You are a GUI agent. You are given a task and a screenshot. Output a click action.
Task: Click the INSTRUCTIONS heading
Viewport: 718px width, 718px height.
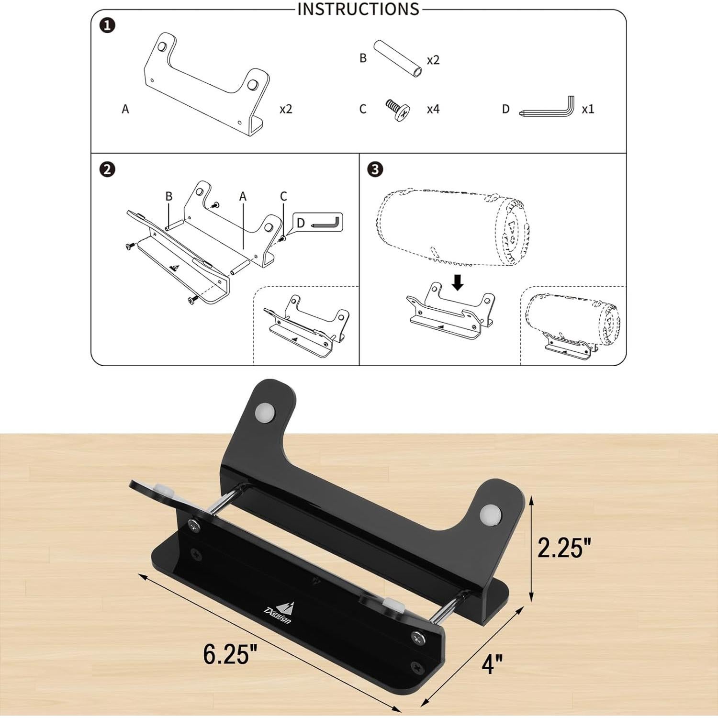pos(358,9)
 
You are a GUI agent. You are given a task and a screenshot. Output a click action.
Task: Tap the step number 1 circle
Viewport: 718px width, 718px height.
pos(107,25)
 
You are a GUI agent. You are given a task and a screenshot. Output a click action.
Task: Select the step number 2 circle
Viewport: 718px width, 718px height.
pos(107,169)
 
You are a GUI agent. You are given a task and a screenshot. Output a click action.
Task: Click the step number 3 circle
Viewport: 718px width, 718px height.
pos(375,169)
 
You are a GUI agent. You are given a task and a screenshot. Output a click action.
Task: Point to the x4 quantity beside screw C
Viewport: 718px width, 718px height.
pos(433,109)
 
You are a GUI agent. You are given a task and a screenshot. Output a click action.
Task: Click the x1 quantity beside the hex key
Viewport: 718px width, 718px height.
pos(588,109)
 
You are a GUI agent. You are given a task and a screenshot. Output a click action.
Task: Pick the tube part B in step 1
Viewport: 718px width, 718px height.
pos(397,59)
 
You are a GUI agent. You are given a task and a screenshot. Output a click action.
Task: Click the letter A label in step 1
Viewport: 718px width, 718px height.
pos(125,109)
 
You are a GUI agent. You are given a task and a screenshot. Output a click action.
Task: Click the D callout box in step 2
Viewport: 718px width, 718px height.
pos(318,223)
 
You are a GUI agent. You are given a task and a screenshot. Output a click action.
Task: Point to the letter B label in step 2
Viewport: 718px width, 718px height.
pos(168,196)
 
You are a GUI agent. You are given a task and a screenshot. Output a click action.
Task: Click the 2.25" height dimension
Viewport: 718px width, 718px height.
pos(564,548)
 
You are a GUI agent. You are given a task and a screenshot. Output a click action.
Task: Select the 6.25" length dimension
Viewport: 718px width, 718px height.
pos(230,653)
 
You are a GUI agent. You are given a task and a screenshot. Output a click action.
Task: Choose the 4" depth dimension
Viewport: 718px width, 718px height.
pos(492,664)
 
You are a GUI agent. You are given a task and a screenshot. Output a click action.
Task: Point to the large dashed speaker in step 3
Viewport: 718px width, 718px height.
pos(452,227)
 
